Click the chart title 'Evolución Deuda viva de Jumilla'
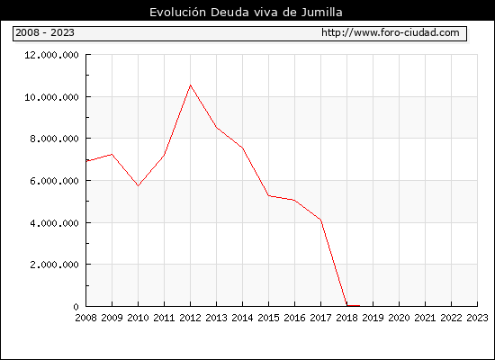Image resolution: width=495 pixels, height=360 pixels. click(246, 13)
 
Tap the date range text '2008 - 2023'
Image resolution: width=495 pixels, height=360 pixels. click(45, 32)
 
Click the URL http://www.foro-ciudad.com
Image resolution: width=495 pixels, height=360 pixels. click(391, 32)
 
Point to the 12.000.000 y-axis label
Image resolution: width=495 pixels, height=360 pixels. click(51, 55)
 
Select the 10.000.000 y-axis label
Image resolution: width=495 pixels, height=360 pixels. click(51, 97)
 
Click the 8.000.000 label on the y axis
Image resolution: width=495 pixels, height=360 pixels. click(54, 139)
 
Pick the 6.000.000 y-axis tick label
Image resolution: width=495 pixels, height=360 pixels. click(54, 181)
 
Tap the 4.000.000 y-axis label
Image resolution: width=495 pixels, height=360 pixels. click(54, 223)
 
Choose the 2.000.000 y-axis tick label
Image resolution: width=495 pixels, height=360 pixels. click(54, 265)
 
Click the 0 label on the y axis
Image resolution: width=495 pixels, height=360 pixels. click(76, 307)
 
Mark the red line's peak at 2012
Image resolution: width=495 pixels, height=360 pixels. click(191, 85)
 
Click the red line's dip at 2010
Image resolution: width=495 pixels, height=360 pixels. click(138, 185)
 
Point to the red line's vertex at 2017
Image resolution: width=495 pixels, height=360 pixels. click(320, 220)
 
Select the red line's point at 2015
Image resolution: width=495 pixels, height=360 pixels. click(269, 196)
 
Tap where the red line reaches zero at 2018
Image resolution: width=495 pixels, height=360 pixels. click(346, 306)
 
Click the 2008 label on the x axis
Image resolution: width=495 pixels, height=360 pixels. click(85, 318)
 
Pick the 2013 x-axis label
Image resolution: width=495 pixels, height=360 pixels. click(216, 318)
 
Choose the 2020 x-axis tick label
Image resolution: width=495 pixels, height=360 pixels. click(399, 318)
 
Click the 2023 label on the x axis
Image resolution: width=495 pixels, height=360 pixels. click(477, 318)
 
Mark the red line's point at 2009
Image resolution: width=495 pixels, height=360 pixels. click(112, 155)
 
